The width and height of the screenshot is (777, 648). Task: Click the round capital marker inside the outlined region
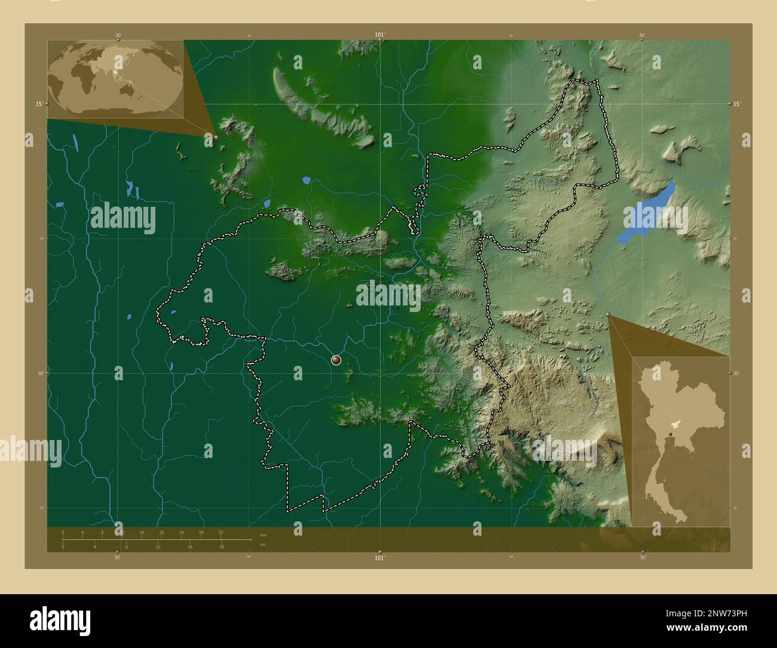pyautogui.click(x=336, y=359)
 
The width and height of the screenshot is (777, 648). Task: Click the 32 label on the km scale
pyautogui.click(x=221, y=532)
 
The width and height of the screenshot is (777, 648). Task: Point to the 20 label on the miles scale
pyautogui.click(x=221, y=547)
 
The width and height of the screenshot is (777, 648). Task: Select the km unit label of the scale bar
pyautogui.click(x=264, y=534)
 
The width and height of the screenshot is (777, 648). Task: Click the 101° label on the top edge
pyautogui.click(x=379, y=35)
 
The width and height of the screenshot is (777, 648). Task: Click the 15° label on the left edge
pyautogui.click(x=38, y=103)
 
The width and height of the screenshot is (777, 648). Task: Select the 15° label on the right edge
pyautogui.click(x=737, y=103)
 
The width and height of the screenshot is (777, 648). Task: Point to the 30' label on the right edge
pyautogui.click(x=737, y=373)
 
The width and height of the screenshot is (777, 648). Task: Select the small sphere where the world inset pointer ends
pyautogui.click(x=216, y=137)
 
